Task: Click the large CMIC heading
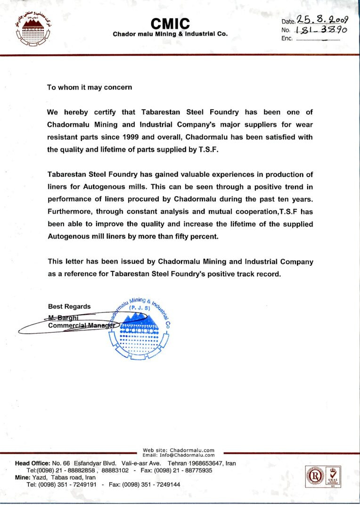170,24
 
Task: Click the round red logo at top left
32,32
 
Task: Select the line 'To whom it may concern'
90,87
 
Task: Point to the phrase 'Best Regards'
69,306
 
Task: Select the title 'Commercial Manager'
81,325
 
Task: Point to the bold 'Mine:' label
23,477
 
